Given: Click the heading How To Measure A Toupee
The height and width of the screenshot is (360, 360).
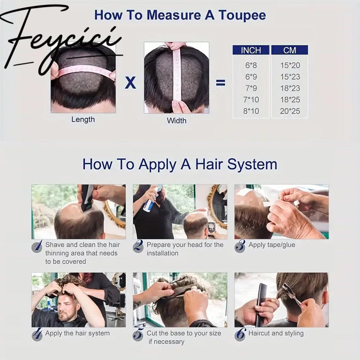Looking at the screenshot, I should pos(180,15).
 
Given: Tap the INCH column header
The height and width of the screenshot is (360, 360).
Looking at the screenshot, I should pos(251,50).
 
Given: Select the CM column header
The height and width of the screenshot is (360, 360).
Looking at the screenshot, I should pos(289,50).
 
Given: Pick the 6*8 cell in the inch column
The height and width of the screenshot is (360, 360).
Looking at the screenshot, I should pos(251,65).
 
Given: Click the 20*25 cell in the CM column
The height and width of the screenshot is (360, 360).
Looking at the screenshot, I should pos(289,111).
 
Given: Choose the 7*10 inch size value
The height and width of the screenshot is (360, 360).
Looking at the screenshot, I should pos(251,99).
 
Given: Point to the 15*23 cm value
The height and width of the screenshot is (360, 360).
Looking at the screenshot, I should pos(289,76).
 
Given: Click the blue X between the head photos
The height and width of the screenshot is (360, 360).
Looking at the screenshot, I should pos(130,83).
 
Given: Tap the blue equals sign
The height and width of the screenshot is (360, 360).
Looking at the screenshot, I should pos(220,83).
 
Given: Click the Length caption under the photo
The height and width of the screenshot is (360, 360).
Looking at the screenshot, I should pos(83,120).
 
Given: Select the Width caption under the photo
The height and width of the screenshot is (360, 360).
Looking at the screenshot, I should pos(176,121).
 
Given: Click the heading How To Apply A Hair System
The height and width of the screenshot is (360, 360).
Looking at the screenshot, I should pos(180,164).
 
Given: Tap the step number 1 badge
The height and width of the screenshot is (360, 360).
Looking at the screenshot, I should pos(37,246).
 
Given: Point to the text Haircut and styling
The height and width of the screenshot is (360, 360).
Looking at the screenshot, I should pos(276,333).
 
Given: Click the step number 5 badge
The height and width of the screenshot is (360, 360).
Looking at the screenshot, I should pos(139,335).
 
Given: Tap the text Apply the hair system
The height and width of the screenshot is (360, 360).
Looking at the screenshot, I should pos(77,333).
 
